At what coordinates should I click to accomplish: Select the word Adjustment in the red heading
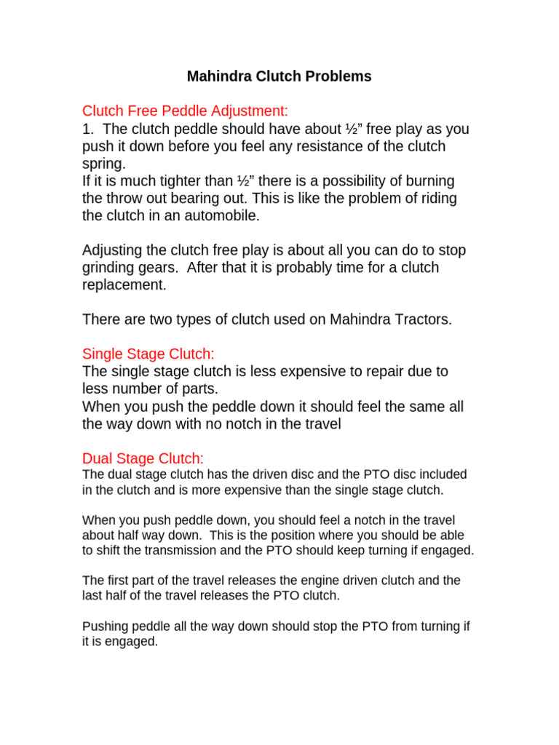pos(250,111)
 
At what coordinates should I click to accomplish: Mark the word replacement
pos(124,285)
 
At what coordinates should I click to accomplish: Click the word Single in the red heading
pos(103,354)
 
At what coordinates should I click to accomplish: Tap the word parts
pos(200,389)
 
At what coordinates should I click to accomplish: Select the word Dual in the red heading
pos(98,458)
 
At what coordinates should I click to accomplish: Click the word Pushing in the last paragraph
pos(105,626)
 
